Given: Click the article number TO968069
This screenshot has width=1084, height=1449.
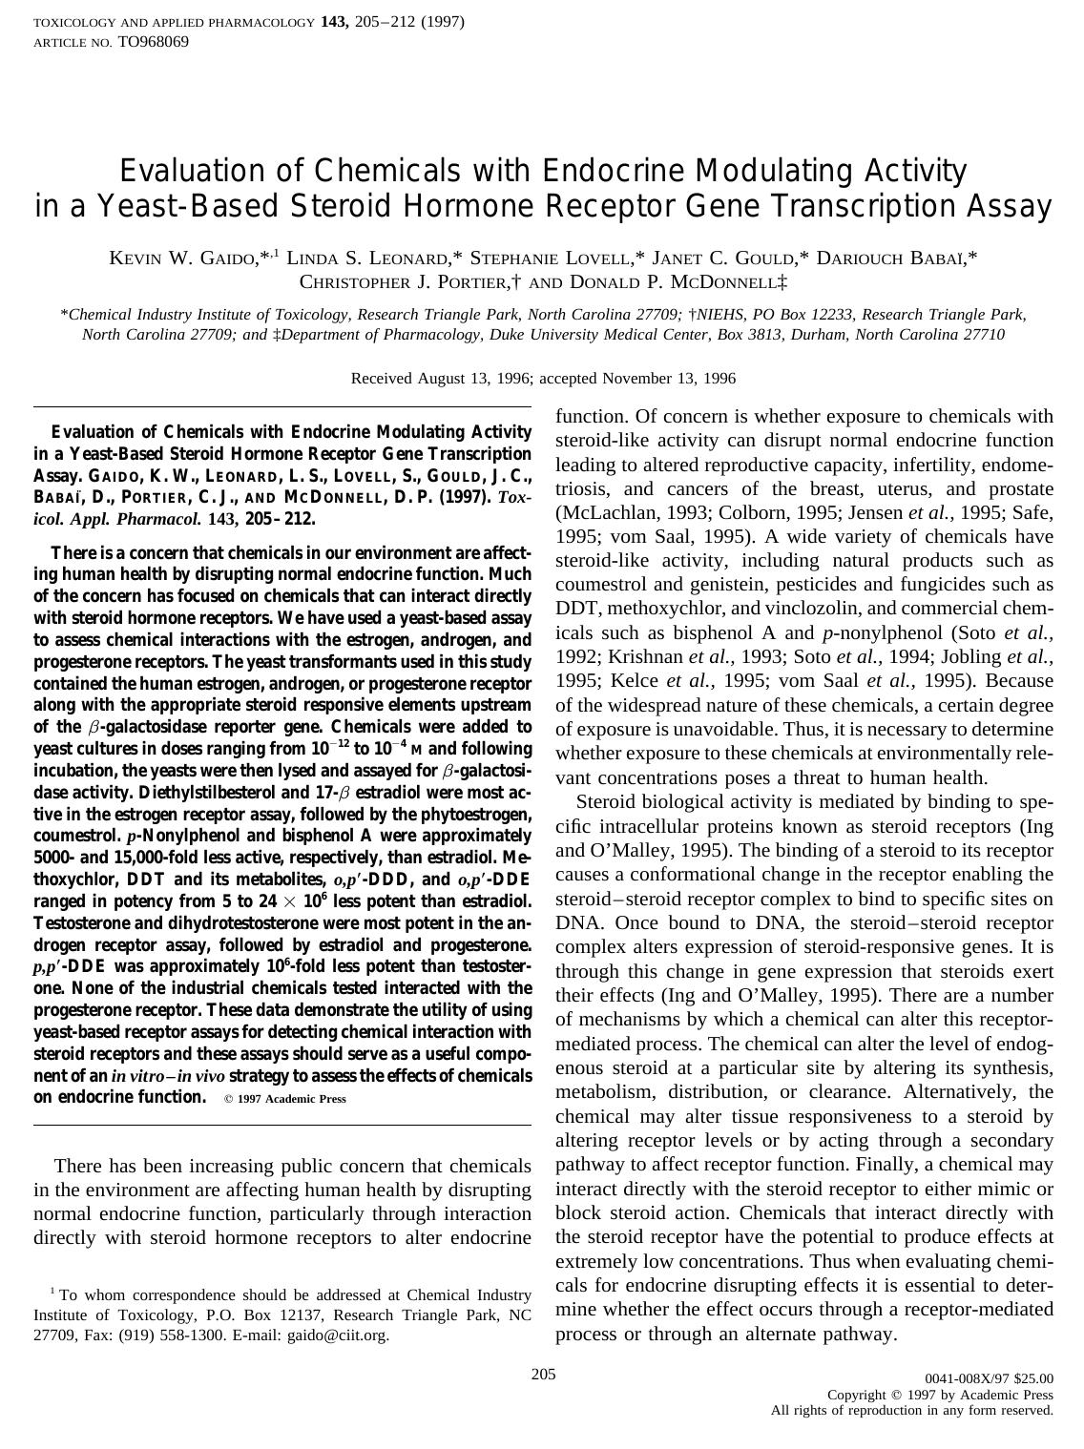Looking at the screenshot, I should coord(153,42).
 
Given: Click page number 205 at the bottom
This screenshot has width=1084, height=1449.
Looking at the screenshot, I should coord(543,1375).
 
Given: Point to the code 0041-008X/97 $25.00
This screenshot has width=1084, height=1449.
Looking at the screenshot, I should coord(990,1378).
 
